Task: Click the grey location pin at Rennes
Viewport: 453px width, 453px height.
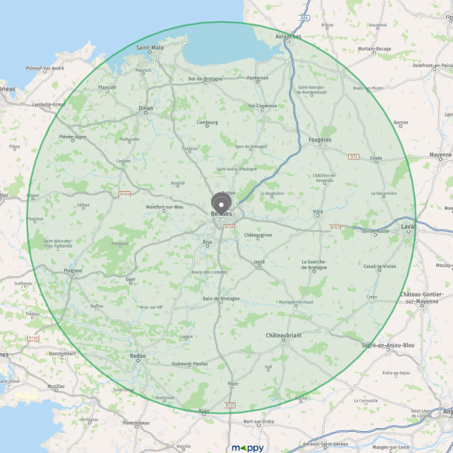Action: tap(221, 203)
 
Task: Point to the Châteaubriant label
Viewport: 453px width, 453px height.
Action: tap(284, 334)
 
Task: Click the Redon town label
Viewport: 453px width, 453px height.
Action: tap(137, 355)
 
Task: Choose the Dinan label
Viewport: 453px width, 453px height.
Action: tap(146, 108)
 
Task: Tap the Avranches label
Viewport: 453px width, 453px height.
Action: tap(288, 35)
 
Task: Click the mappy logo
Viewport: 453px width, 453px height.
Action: tap(248, 447)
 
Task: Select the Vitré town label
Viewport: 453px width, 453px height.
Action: tap(318, 211)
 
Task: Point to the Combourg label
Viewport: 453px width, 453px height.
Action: tap(207, 122)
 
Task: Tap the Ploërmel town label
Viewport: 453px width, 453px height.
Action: tap(73, 270)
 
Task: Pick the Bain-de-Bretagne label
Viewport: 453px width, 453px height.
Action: tap(221, 298)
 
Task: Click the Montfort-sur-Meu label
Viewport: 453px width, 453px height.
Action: tap(165, 206)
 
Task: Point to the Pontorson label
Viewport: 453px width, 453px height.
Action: tap(257, 77)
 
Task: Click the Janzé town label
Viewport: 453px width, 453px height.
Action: tap(260, 261)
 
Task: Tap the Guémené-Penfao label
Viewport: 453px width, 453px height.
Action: tap(190, 363)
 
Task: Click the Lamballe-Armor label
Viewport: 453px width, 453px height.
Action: tap(49, 104)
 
